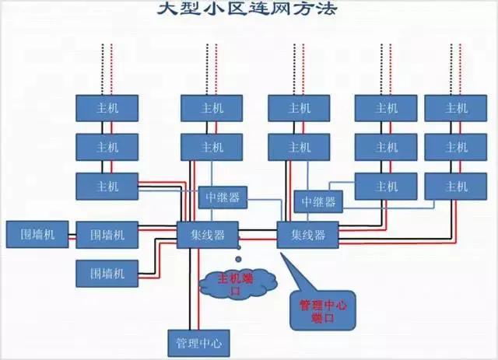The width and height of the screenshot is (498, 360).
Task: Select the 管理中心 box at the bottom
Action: (199, 341)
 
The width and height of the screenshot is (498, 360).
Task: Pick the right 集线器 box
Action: (309, 234)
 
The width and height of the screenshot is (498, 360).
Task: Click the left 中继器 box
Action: (222, 197)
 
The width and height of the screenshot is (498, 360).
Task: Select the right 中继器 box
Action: (319, 201)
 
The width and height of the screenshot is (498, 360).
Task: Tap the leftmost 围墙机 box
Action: (37, 233)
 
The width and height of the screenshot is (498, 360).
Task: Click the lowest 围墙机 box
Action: (107, 273)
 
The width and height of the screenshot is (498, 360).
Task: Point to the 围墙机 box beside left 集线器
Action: (107, 234)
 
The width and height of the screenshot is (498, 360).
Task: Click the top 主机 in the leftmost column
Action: (107, 107)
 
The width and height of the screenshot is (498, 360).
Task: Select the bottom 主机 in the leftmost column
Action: (107, 186)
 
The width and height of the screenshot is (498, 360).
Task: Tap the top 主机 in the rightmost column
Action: (456, 107)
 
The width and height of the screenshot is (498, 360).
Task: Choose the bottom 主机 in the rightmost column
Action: (456, 186)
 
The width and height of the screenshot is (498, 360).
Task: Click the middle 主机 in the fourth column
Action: (386, 146)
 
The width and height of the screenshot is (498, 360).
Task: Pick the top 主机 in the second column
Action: (212, 107)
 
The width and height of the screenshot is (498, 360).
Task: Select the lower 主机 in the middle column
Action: (299, 146)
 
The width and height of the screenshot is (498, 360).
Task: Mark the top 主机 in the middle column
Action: (299, 107)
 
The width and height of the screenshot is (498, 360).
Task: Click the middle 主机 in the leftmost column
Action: (107, 146)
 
